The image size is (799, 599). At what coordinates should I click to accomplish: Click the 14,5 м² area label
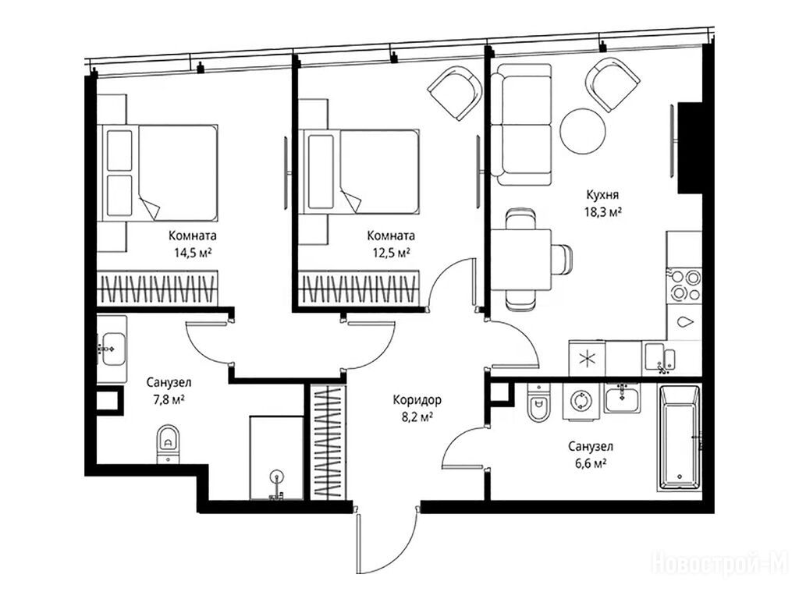[192, 252]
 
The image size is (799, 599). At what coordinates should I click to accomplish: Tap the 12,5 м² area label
[391, 252]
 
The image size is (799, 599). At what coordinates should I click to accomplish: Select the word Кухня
[602, 194]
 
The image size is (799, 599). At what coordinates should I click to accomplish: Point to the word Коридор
[417, 400]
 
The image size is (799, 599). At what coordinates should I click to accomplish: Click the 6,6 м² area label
[590, 463]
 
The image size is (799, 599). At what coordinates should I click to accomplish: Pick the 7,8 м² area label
[169, 399]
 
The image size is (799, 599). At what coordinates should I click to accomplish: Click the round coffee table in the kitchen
[583, 131]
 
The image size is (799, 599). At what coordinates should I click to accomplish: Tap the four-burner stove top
[685, 285]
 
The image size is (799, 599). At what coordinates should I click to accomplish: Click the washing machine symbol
[581, 400]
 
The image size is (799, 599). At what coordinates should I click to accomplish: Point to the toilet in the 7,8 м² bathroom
[168, 444]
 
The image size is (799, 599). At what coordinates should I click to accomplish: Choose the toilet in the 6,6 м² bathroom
[538, 402]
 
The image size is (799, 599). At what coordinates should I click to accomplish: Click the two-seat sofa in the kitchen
[521, 124]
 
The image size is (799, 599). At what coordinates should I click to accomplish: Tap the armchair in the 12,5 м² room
[455, 93]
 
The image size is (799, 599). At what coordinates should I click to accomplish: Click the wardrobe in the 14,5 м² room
[158, 289]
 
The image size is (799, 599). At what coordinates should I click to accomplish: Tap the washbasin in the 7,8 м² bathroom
[112, 349]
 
